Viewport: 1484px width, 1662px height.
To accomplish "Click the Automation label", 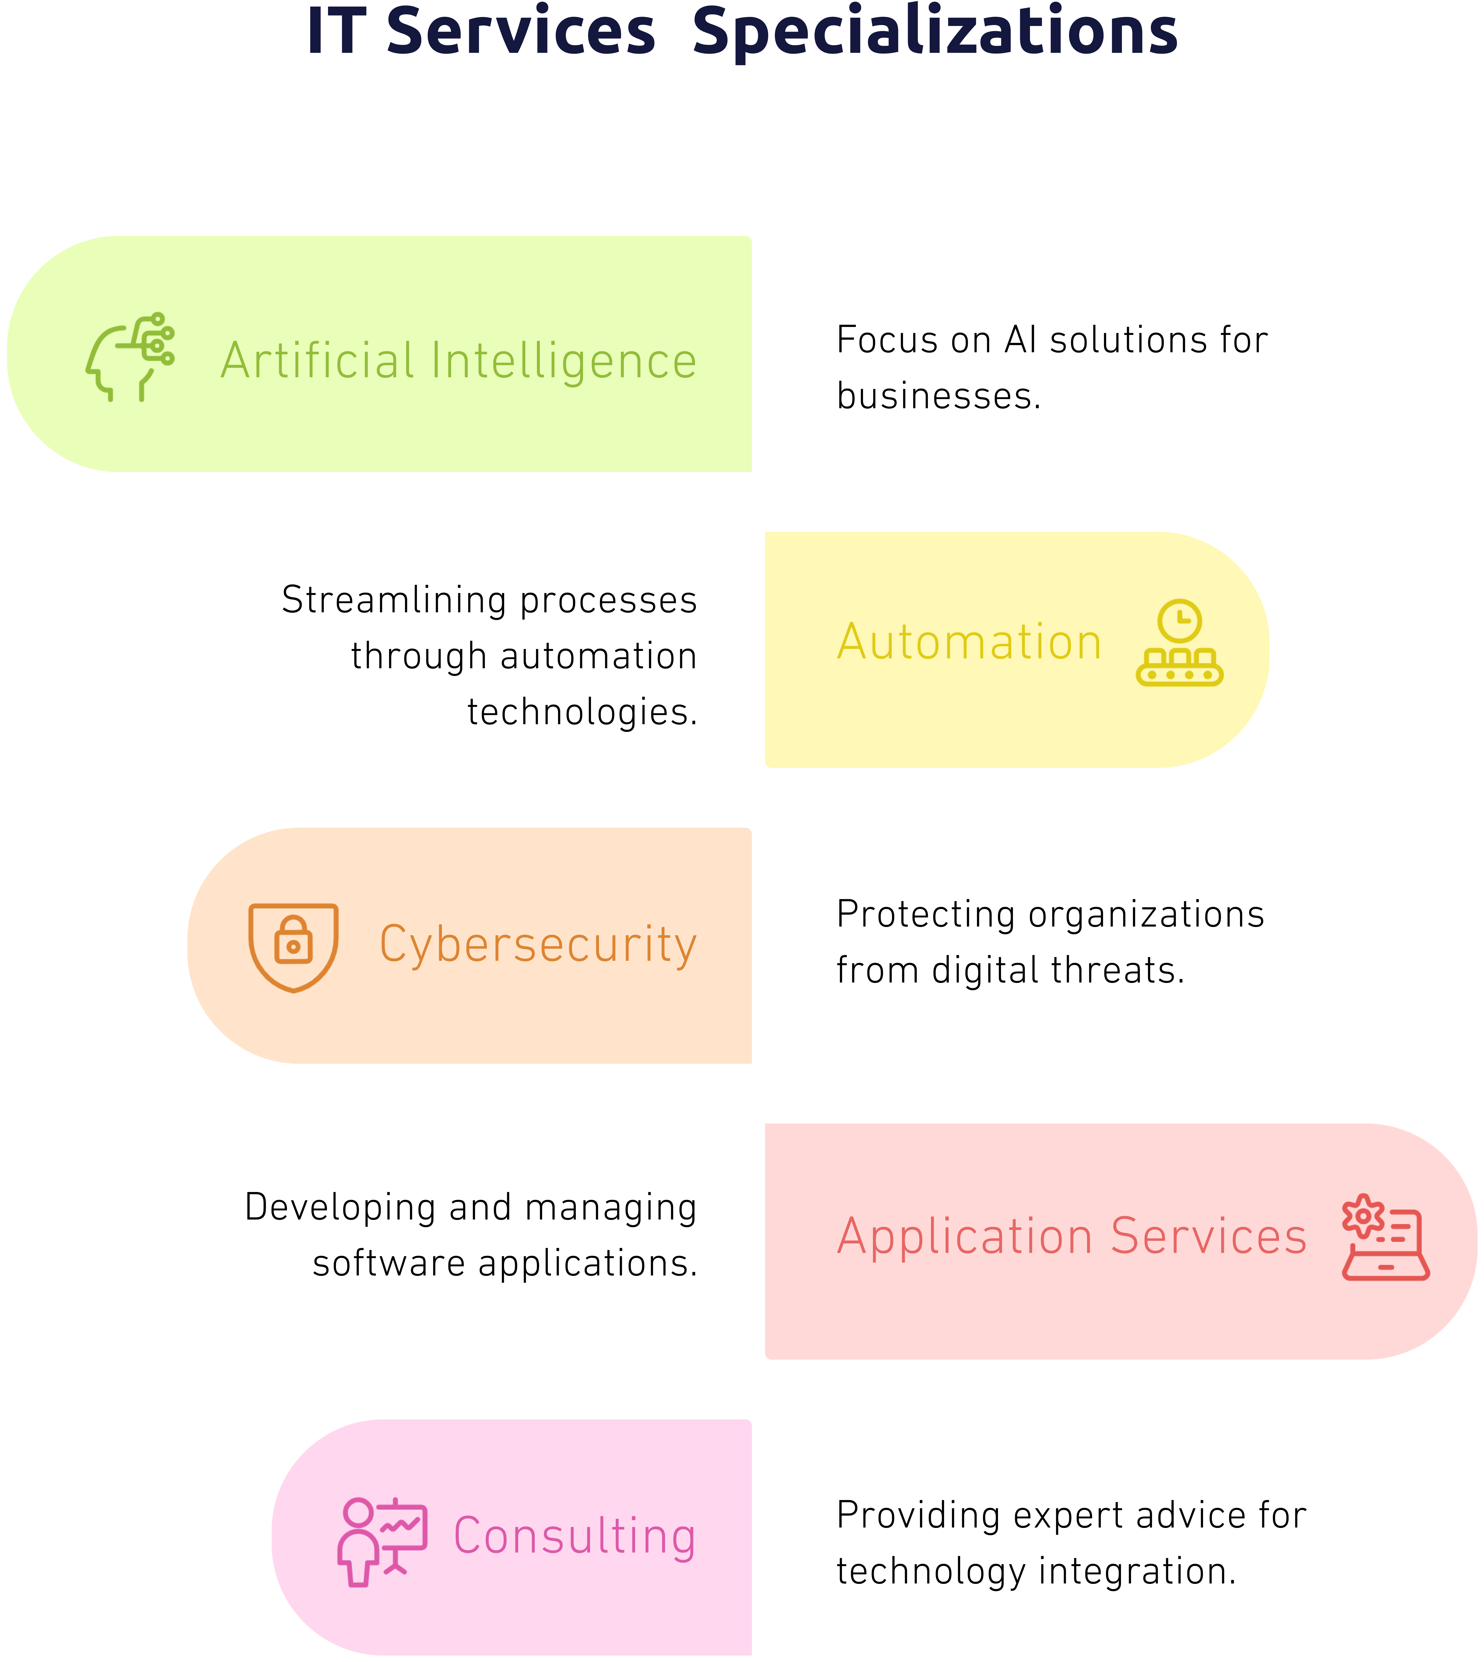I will coord(969,642).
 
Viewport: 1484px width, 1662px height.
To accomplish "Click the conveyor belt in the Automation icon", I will coord(1180,674).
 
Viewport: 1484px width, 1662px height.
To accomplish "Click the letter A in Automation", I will coord(852,642).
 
